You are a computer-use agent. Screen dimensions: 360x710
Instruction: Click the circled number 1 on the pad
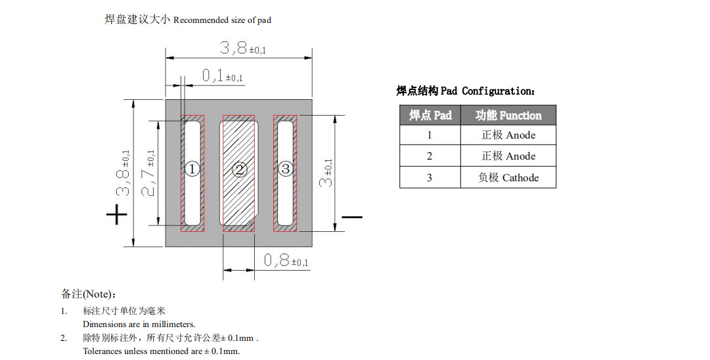point(192,169)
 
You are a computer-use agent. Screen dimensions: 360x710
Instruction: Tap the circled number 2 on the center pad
point(239,170)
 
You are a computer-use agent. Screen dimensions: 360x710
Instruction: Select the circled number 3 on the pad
point(285,169)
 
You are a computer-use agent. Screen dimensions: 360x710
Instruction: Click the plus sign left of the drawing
point(116,214)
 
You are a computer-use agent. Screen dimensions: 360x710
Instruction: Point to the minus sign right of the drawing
point(352,216)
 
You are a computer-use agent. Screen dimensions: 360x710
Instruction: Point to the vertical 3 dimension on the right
point(326,173)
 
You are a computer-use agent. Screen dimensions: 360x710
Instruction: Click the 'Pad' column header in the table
point(430,115)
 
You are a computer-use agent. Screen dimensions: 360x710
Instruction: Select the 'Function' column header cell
point(508,115)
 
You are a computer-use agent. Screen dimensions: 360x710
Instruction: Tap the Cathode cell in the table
point(508,177)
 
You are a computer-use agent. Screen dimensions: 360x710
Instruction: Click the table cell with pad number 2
point(430,156)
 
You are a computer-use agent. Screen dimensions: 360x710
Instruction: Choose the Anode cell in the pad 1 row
point(508,135)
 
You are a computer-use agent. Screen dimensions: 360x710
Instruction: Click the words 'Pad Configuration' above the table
point(489,91)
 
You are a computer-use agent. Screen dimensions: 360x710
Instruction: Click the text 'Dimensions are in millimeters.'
point(139,325)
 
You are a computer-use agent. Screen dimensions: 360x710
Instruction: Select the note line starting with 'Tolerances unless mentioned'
point(161,351)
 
